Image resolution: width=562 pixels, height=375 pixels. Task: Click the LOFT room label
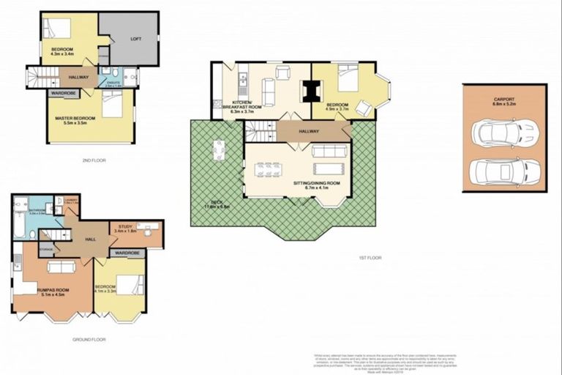[x=135, y=39]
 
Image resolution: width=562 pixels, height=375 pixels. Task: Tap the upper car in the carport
[x=504, y=133]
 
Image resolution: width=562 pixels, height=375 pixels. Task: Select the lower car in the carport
[x=504, y=173]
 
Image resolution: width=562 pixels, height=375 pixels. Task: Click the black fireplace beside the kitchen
[x=312, y=89]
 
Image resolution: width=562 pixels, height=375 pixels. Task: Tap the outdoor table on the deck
[x=218, y=151]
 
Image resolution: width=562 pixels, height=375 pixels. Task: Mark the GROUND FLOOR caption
[x=89, y=340]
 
